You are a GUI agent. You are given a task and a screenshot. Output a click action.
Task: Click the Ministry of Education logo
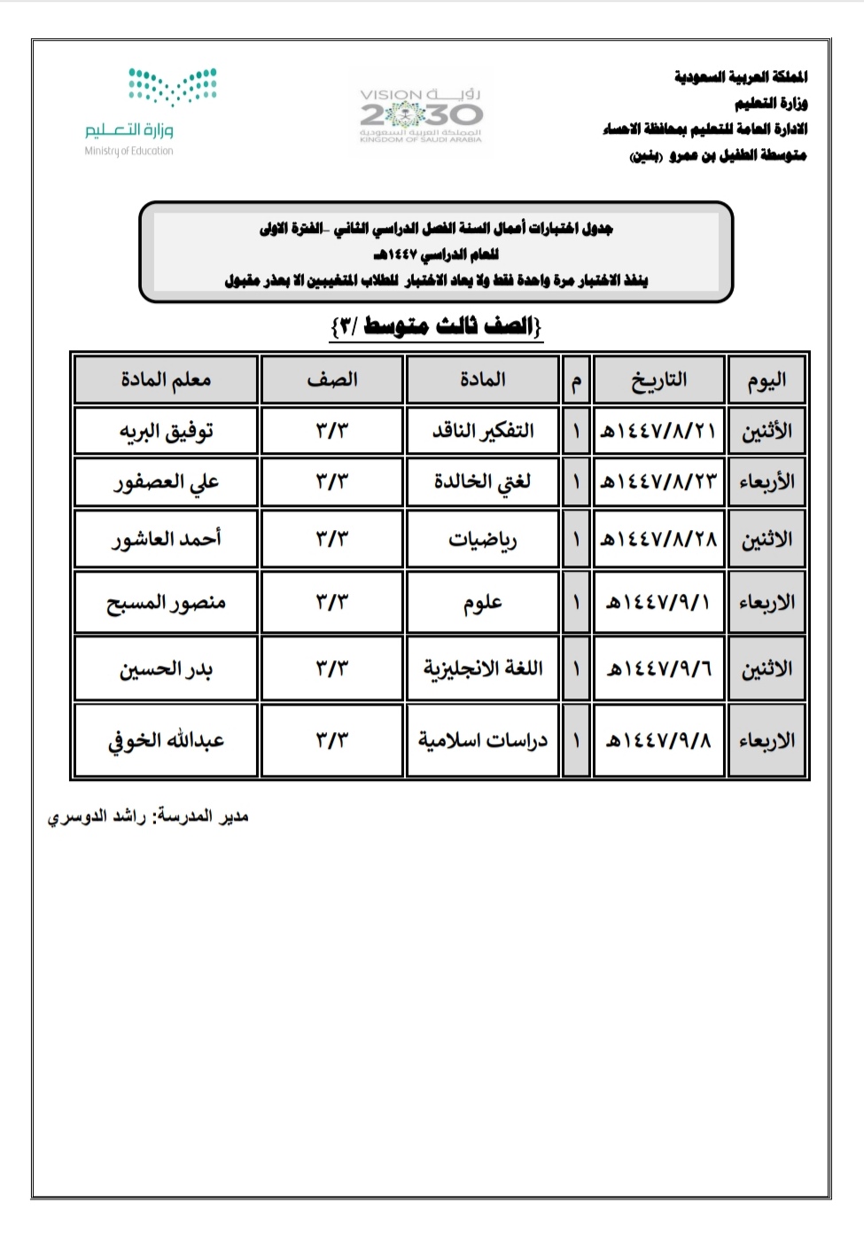[x=151, y=112]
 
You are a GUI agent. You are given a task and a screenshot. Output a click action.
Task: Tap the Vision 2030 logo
[x=421, y=113]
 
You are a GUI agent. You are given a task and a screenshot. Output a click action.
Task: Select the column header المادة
[x=482, y=379]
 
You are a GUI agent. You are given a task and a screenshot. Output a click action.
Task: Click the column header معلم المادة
[x=166, y=379]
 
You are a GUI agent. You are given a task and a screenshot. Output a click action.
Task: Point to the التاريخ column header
[x=658, y=379]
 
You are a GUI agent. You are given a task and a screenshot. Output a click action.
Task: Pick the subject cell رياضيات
[x=482, y=539]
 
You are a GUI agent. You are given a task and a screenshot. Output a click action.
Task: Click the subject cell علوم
[x=482, y=603]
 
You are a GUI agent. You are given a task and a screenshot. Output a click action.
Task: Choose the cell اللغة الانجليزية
[x=482, y=668]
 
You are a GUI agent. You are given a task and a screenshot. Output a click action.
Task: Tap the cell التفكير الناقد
[x=482, y=432]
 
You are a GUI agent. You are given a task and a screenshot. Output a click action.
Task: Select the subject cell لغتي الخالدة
[x=482, y=482]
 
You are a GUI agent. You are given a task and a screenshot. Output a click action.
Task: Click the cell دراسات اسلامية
[x=482, y=740]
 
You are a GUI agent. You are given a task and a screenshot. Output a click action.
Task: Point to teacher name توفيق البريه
[x=166, y=432]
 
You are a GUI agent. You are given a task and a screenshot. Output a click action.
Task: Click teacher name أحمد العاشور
[x=166, y=539]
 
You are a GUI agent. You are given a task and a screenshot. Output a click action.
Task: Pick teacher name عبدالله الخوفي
[x=166, y=740]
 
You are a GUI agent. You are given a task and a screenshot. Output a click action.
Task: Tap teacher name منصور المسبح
[x=166, y=603]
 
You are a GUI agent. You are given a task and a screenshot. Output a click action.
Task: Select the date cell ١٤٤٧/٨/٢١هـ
[x=658, y=432]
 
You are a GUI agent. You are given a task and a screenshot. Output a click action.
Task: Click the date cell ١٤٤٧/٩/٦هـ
[x=658, y=668]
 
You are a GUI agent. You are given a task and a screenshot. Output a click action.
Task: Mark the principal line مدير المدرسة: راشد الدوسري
[x=148, y=816]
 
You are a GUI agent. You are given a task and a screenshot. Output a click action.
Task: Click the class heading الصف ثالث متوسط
[x=436, y=326]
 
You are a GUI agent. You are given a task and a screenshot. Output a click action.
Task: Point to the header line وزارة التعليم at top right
[x=770, y=103]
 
